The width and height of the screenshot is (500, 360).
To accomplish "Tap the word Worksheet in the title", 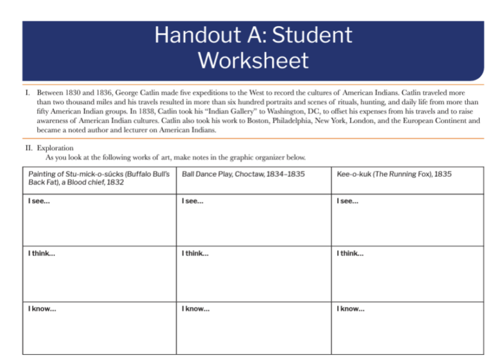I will pyautogui.click(x=253, y=61).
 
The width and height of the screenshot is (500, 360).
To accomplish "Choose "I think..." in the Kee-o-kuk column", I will pyautogui.click(x=349, y=254).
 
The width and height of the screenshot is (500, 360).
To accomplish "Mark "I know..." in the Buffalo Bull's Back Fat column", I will pyautogui.click(x=42, y=309).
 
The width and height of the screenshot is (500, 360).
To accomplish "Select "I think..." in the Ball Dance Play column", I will pyautogui.click(x=196, y=254).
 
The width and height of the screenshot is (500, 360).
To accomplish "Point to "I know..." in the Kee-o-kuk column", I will pyautogui.click(x=350, y=309).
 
